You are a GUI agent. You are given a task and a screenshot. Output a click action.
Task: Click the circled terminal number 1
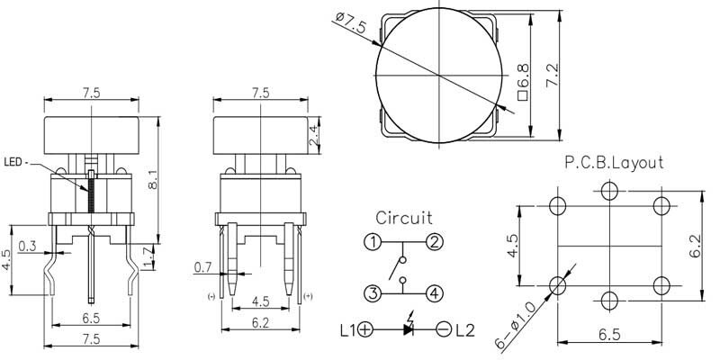(x=373, y=241)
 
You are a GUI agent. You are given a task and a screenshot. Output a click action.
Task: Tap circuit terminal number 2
(x=435, y=241)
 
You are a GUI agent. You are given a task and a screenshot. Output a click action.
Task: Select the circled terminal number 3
(x=373, y=292)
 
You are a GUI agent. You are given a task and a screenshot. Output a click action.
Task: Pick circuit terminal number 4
(x=435, y=292)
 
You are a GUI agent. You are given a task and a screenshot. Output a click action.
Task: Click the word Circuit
(x=404, y=217)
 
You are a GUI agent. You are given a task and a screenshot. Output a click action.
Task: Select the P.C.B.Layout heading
(x=614, y=163)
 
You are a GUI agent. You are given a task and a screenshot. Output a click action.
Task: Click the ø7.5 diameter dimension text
(x=351, y=22)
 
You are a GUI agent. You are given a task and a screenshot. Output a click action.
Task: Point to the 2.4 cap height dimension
(x=314, y=136)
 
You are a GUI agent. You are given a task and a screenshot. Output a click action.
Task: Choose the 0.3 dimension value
(x=27, y=246)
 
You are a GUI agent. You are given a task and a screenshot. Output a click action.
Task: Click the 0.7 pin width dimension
(x=203, y=266)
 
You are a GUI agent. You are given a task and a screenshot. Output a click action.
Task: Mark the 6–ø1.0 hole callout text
(x=514, y=325)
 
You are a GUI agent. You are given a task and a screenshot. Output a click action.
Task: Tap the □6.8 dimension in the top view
(x=523, y=82)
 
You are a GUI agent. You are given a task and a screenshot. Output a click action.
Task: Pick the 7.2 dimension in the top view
(x=552, y=75)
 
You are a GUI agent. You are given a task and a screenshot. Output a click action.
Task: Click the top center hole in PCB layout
(x=609, y=191)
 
